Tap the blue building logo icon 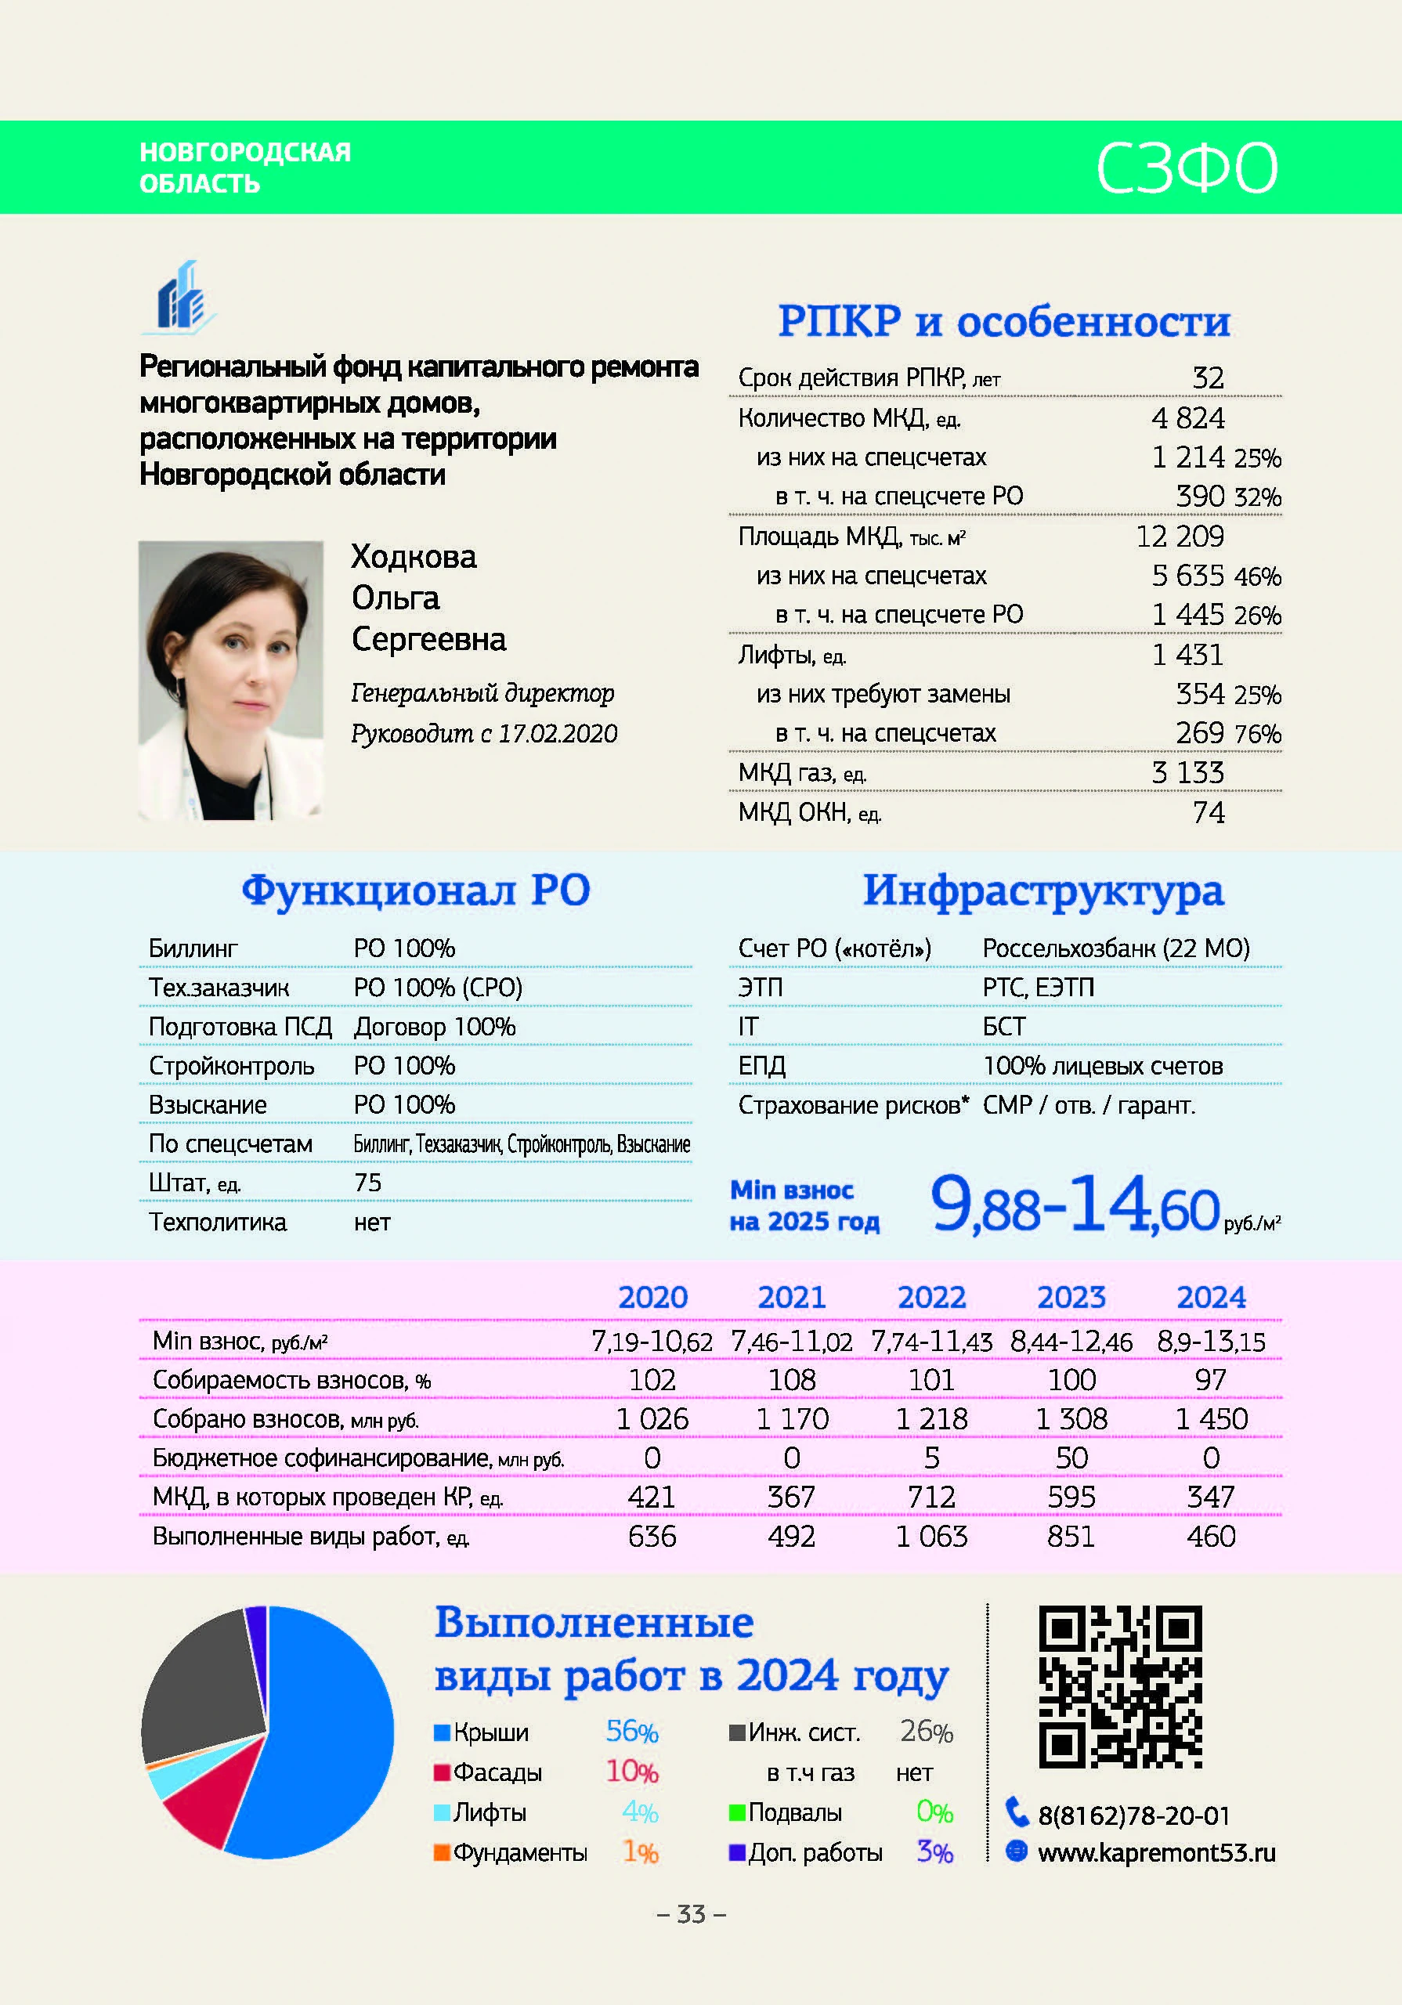180,298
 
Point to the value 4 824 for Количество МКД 1187,418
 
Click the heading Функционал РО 416,891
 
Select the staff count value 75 368,1183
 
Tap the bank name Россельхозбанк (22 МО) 1115,948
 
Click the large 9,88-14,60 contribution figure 1074,1205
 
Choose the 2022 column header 931,1298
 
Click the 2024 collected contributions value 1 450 1211,1419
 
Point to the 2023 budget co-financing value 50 1071,1458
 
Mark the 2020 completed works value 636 652,1536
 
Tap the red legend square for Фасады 442,1772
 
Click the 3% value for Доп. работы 934,1852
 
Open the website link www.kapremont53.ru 1155,1852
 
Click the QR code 1120,1686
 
